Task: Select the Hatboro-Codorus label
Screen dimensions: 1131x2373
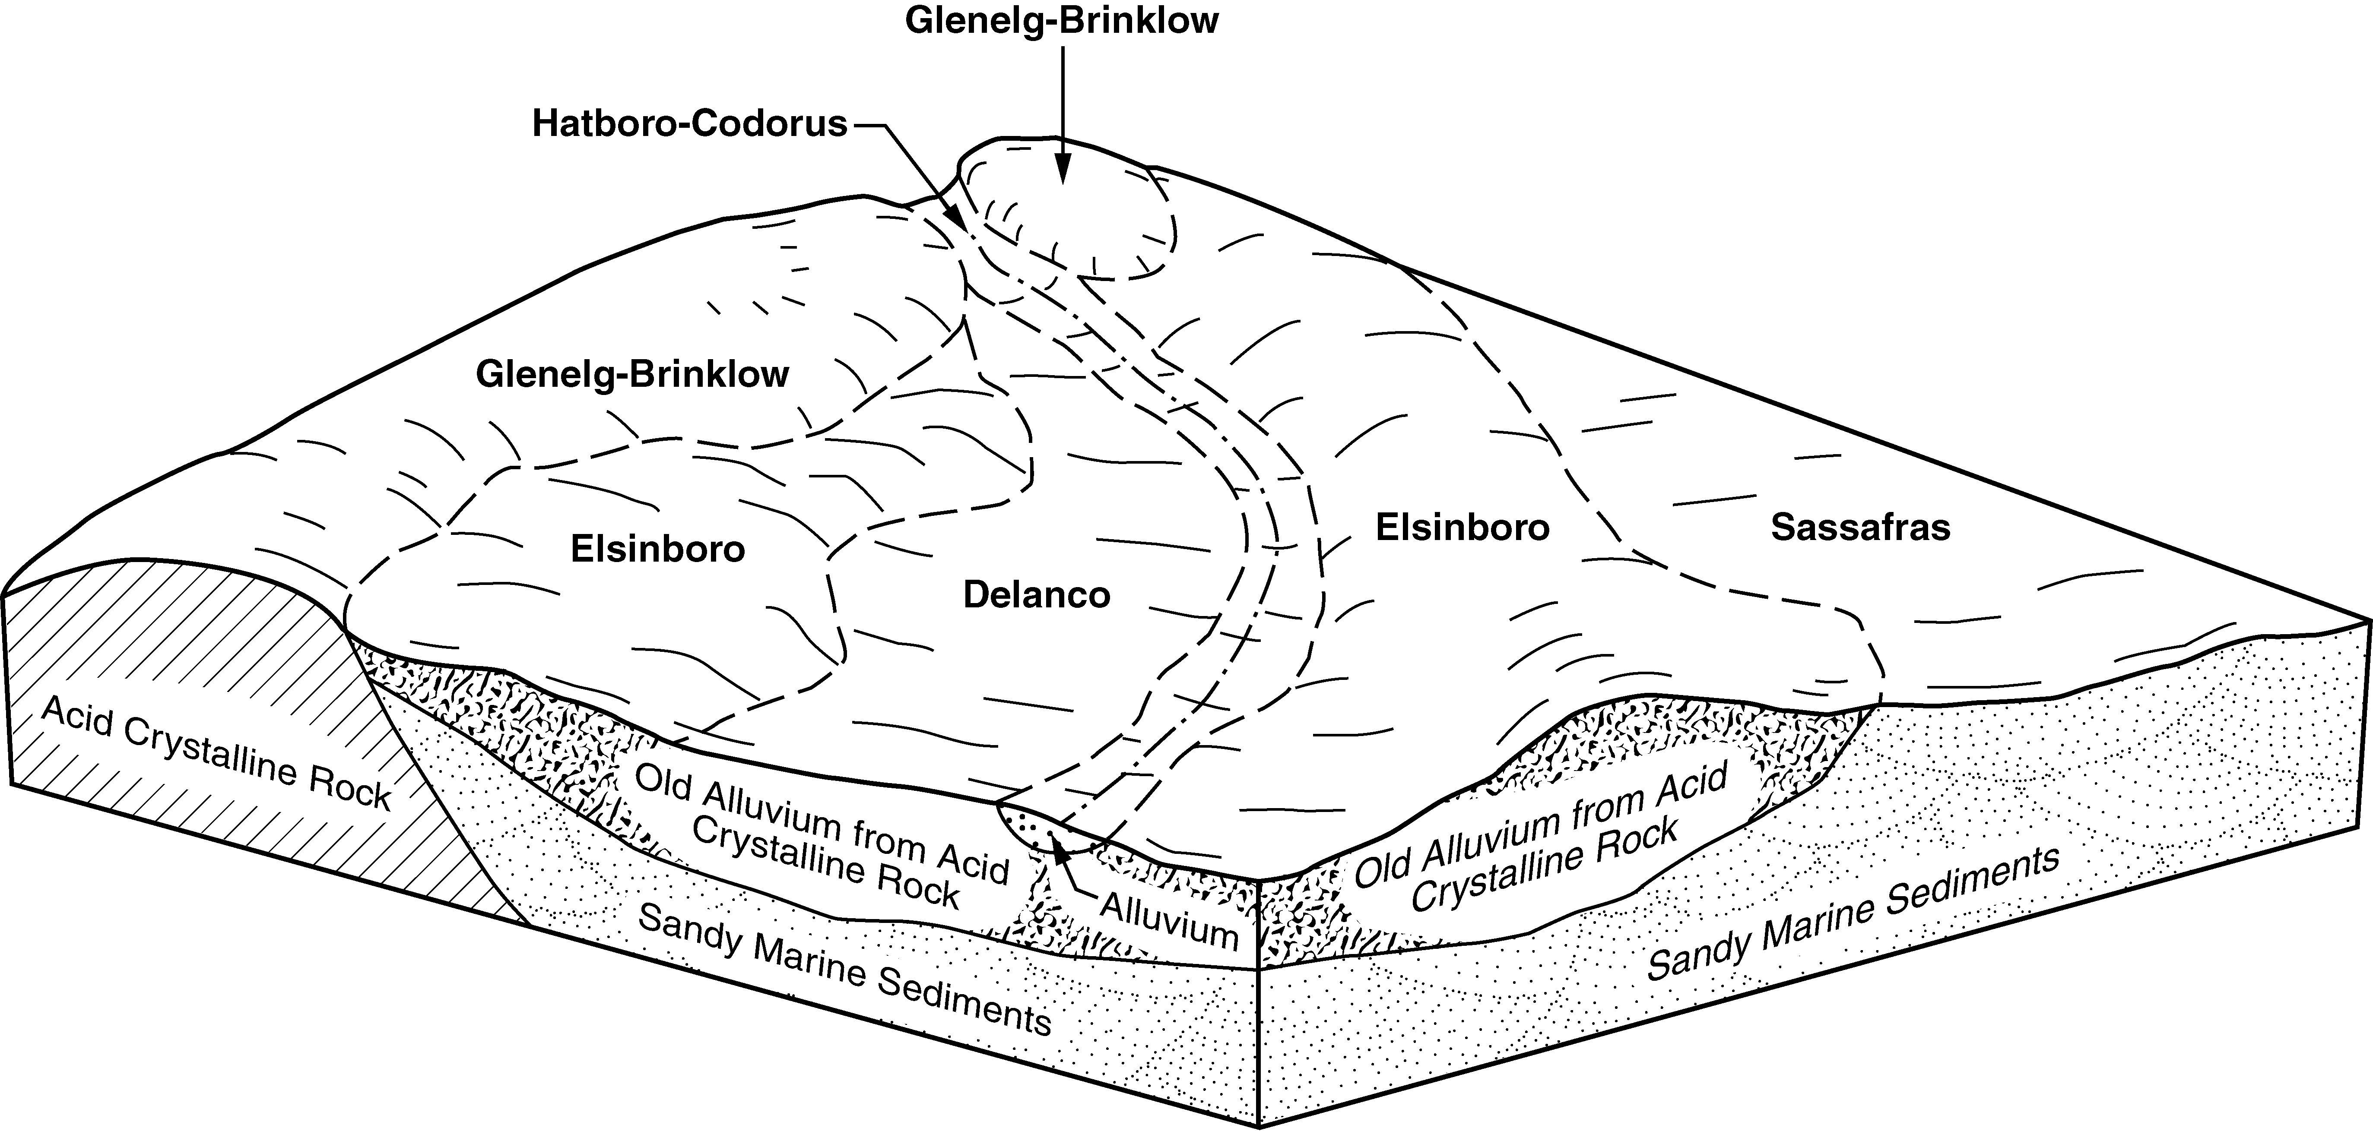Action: pyautogui.click(x=689, y=123)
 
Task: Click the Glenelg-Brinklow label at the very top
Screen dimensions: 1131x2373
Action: pyautogui.click(x=1061, y=20)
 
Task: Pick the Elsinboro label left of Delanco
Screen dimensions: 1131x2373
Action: pyautogui.click(x=658, y=550)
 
